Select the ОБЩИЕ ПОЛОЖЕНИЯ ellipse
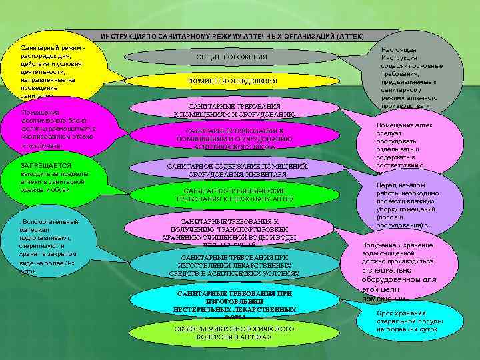pyautogui.click(x=231, y=57)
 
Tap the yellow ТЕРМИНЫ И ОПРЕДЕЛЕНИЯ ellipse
pyautogui.click(x=231, y=81)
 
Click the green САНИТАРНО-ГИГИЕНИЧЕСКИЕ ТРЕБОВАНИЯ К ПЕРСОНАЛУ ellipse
pyautogui.click(x=234, y=195)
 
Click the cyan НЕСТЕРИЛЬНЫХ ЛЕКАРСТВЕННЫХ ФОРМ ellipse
pyautogui.click(x=234, y=303)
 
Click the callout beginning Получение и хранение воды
pyautogui.click(x=398, y=270)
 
